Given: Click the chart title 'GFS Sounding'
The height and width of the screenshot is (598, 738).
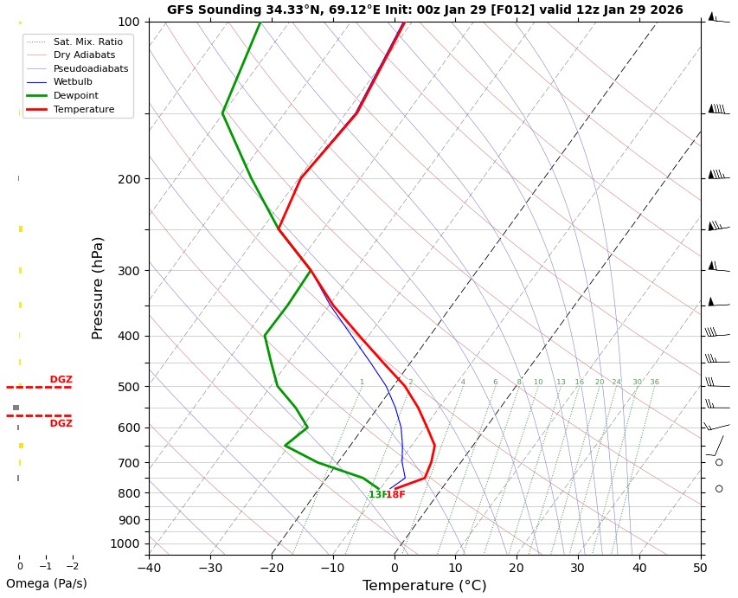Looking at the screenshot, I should [424, 10].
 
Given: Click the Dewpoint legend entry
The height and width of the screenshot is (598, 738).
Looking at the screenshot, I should [75, 96].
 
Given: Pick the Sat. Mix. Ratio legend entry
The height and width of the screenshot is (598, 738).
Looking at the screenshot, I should [87, 41].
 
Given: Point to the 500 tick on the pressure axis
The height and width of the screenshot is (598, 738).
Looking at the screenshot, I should [128, 387].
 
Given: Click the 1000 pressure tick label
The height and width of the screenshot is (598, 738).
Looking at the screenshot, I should [125, 543].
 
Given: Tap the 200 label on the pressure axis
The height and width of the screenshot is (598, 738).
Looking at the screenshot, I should [128, 179].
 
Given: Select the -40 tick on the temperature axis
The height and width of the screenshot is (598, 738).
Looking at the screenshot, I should [149, 569].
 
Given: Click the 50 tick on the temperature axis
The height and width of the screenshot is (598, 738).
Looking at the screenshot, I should [700, 569].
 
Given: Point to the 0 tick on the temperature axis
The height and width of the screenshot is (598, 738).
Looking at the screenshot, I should [395, 569].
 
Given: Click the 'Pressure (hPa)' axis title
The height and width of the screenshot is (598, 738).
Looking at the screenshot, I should [99, 287].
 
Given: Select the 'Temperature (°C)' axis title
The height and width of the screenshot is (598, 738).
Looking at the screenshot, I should [424, 586].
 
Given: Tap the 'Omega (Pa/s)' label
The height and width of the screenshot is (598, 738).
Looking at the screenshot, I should [47, 584].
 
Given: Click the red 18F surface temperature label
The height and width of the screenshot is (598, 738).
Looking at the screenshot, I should [395, 495].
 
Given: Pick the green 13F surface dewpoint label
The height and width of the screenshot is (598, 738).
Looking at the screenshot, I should [376, 495].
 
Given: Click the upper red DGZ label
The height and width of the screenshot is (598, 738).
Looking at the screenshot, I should [61, 380].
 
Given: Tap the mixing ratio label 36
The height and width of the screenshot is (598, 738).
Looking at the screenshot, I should [654, 383].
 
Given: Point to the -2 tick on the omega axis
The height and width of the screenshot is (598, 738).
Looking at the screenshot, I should [72, 567].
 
